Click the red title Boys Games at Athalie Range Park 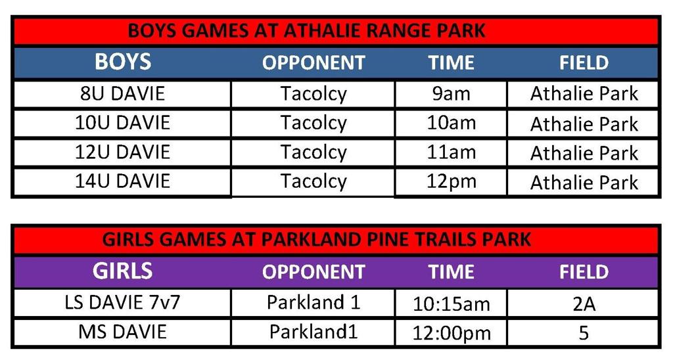pyautogui.click(x=306, y=31)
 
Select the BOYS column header pyautogui.click(x=123, y=62)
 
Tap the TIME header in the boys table pyautogui.click(x=451, y=63)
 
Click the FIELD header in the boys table pyautogui.click(x=584, y=63)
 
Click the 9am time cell pyautogui.click(x=451, y=94)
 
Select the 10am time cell pyautogui.click(x=451, y=123)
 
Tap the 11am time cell pyautogui.click(x=451, y=152)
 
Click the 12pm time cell pyautogui.click(x=451, y=181)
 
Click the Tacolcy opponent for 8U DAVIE pyautogui.click(x=313, y=94)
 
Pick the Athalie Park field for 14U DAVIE pyautogui.click(x=584, y=182)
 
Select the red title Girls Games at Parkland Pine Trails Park pyautogui.click(x=316, y=239)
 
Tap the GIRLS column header pyautogui.click(x=123, y=271)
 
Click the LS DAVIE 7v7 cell pyautogui.click(x=123, y=303)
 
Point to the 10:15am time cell pyautogui.click(x=451, y=304)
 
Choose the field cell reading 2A pyautogui.click(x=584, y=304)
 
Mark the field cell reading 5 pyautogui.click(x=584, y=333)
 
